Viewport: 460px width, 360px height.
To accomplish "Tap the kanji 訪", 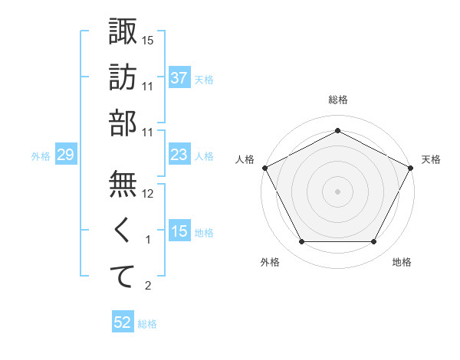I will point(123,77).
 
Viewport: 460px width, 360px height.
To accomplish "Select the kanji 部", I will point(123,124).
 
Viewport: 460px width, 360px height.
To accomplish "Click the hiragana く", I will point(123,230).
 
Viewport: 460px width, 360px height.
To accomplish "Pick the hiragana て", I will point(123,277).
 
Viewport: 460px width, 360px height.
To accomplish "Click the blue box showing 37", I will point(179,77).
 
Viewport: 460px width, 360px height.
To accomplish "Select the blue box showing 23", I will point(179,155).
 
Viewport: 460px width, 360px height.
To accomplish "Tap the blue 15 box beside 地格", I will point(179,231).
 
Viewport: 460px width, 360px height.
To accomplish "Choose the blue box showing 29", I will point(65,155).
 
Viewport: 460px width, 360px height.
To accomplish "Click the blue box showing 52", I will point(122,322).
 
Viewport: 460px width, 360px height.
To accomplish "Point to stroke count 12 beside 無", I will point(148,194).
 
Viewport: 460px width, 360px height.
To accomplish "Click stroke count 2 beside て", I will point(149,286).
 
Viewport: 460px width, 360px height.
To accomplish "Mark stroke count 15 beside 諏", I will point(148,40).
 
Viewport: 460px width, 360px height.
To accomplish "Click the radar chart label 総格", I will point(337,100).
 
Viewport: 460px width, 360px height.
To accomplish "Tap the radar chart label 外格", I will point(270,262).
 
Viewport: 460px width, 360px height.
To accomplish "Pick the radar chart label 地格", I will point(402,262).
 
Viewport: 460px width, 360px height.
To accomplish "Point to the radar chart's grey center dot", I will point(337,191).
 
